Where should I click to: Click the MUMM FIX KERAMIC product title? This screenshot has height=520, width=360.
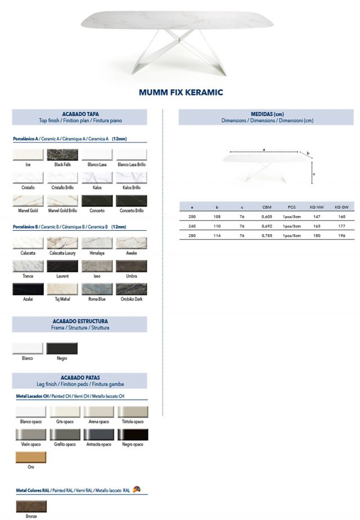pyautogui.click(x=181, y=92)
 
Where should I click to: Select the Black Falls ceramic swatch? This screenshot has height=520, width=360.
pyautogui.click(x=62, y=155)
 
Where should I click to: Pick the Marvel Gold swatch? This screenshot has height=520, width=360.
pyautogui.click(x=28, y=201)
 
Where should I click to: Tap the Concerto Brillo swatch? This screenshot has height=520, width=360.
pyautogui.click(x=131, y=201)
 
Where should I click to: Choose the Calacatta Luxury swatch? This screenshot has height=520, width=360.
pyautogui.click(x=62, y=243)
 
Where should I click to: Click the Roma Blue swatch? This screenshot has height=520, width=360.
pyautogui.click(x=97, y=289)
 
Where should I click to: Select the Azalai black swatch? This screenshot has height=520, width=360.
pyautogui.click(x=28, y=289)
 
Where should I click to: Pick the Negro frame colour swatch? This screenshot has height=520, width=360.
pyautogui.click(x=62, y=348)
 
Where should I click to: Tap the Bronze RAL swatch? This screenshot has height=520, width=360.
pyautogui.click(x=31, y=505)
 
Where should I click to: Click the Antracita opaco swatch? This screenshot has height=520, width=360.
pyautogui.click(x=98, y=434)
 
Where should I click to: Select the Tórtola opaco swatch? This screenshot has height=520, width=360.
pyautogui.click(x=133, y=411)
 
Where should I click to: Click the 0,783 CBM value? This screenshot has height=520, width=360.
pyautogui.click(x=267, y=236)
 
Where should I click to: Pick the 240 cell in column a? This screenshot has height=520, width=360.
pyautogui.click(x=192, y=226)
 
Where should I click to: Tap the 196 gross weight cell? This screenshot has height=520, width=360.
pyautogui.click(x=341, y=236)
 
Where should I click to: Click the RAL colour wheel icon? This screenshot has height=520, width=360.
pyautogui.click(x=137, y=490)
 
